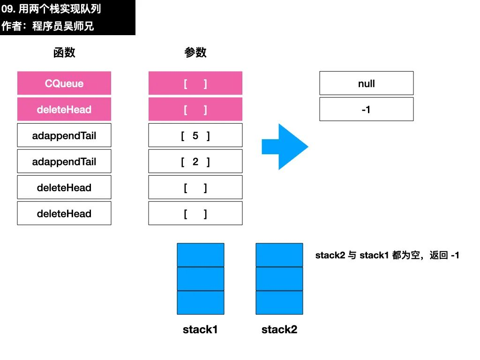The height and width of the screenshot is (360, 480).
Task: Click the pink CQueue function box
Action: click(x=64, y=83)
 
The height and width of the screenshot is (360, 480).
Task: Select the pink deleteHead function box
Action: click(x=64, y=109)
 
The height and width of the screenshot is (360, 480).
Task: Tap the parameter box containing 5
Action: click(x=195, y=135)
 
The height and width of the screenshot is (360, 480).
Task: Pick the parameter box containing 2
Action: click(x=195, y=161)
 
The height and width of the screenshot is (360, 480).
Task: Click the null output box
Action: click(x=367, y=83)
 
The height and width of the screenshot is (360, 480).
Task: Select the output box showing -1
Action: click(x=367, y=109)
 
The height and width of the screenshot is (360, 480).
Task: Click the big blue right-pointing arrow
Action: click(x=285, y=147)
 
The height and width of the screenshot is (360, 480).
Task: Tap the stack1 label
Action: click(x=200, y=330)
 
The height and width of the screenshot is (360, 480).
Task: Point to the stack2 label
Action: click(x=279, y=330)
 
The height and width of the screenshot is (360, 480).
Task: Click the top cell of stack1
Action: click(x=201, y=255)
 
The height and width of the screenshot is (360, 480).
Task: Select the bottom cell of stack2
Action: click(x=279, y=302)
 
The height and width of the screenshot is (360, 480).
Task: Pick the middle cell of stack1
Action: click(x=201, y=279)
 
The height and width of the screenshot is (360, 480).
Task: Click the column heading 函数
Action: click(x=64, y=52)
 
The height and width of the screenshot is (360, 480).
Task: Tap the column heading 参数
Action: click(x=195, y=52)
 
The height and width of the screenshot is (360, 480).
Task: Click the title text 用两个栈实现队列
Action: click(x=60, y=9)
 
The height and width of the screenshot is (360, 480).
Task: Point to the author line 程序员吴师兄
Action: click(x=63, y=26)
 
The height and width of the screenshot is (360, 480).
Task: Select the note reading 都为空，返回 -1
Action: click(x=426, y=255)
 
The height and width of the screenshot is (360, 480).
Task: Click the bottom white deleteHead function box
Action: click(x=64, y=213)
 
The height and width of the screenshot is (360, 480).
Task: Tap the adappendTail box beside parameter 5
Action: click(x=64, y=135)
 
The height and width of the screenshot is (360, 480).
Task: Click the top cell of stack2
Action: click(x=279, y=255)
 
